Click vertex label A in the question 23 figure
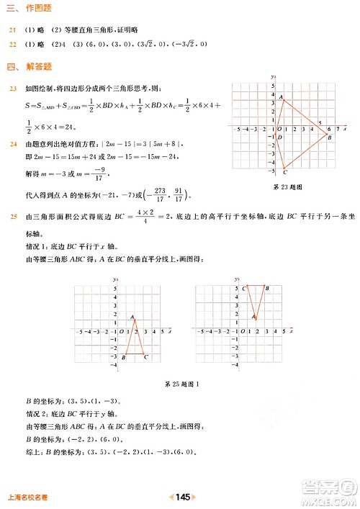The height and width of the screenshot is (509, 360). [x=281, y=97]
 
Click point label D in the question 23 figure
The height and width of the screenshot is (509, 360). [x=279, y=137]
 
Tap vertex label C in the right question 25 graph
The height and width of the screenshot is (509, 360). [x=245, y=288]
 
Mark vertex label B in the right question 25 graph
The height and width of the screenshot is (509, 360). [x=267, y=288]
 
